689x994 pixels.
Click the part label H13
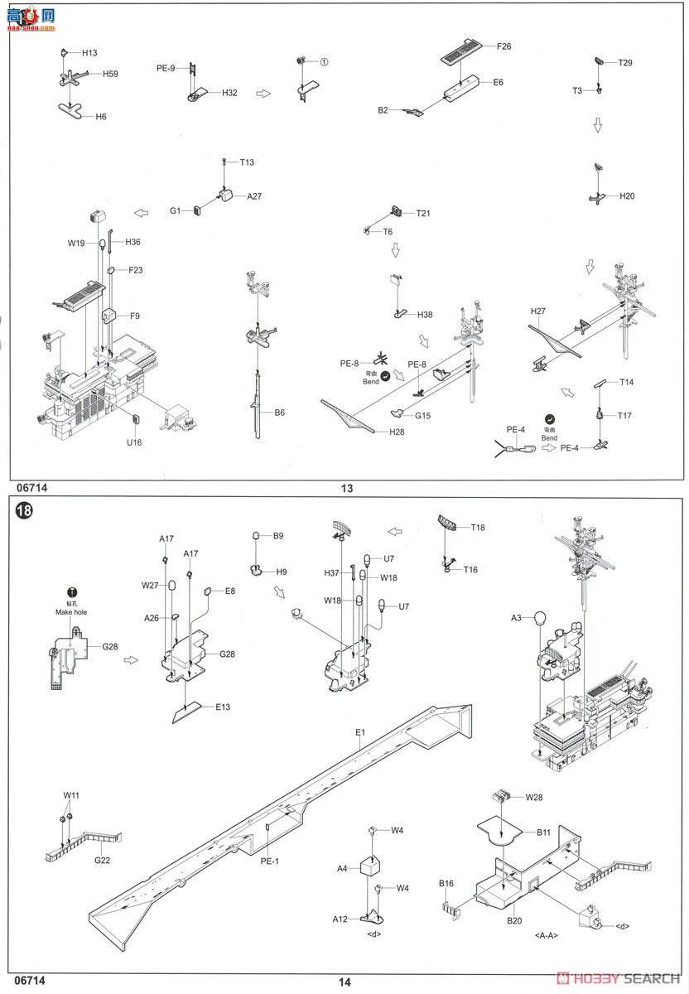[89, 53]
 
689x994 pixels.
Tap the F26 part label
[503, 46]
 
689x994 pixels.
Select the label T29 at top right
[625, 63]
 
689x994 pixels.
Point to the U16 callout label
[134, 442]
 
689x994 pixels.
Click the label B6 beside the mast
[280, 412]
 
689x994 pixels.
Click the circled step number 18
[23, 511]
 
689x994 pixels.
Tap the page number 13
[346, 489]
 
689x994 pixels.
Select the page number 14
[345, 982]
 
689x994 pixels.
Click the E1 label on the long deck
[360, 732]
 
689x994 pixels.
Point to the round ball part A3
[539, 618]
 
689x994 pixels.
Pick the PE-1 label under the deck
[270, 861]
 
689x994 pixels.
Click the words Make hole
[71, 611]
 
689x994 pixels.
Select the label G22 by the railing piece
[102, 861]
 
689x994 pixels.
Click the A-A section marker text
[547, 935]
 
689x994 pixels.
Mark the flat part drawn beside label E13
[189, 712]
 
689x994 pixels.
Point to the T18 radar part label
[478, 528]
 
